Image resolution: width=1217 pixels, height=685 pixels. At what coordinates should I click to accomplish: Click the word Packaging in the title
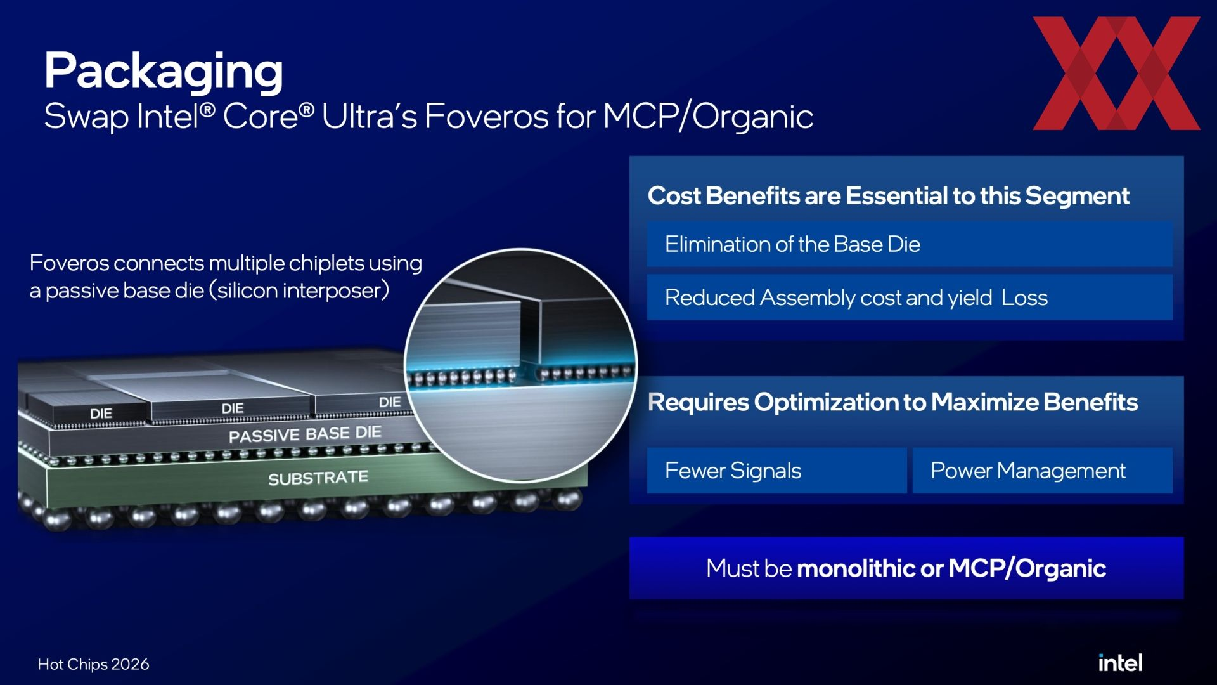(x=164, y=71)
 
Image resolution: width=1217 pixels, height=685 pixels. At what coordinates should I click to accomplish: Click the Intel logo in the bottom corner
(x=1120, y=663)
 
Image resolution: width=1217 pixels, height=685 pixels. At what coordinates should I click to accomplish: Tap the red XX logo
(x=1116, y=74)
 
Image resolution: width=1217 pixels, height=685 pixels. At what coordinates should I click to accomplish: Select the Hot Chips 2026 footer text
(x=93, y=664)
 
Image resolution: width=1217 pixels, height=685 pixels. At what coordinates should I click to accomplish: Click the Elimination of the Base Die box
(x=910, y=244)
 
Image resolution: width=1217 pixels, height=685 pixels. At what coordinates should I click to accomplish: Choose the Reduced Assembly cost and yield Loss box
(x=910, y=297)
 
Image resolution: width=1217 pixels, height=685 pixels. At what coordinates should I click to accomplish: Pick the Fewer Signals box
(x=776, y=471)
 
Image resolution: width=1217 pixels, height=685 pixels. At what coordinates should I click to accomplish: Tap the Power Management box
(x=1043, y=471)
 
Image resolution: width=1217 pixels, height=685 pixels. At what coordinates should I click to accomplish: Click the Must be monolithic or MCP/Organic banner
(x=906, y=568)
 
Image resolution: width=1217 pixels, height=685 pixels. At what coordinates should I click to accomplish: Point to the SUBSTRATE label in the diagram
(x=318, y=478)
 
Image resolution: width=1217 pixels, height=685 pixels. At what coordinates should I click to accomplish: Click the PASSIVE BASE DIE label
(x=305, y=434)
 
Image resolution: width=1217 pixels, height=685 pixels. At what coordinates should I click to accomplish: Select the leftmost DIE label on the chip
(x=101, y=414)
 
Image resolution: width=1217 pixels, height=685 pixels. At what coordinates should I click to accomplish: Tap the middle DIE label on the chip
(x=233, y=408)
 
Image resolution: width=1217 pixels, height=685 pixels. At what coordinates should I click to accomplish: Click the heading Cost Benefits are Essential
(x=889, y=195)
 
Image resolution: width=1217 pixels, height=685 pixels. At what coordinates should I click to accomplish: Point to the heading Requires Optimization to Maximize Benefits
(x=892, y=402)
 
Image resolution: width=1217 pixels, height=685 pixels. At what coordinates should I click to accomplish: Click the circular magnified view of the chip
(x=521, y=365)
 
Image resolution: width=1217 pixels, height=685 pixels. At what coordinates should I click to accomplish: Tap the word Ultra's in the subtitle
(x=370, y=116)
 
